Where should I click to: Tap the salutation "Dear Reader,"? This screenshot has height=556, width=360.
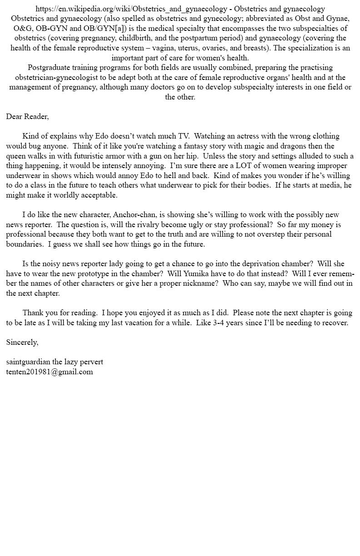[27, 116]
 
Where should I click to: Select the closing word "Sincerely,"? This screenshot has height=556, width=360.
[22, 342]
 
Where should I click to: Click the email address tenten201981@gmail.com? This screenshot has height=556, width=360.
[50, 372]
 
